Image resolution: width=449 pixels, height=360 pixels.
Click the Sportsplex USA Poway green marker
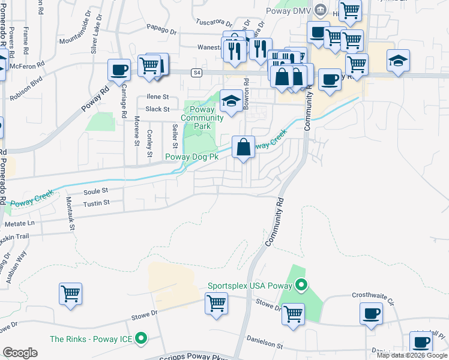pos(302,286)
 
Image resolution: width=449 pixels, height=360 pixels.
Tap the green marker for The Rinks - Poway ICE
pos(141,339)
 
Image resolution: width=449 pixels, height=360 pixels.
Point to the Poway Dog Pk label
pos(191,158)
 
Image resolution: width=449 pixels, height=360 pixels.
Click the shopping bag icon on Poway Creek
pos(243,148)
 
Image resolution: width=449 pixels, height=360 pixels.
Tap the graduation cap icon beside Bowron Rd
pos(231,101)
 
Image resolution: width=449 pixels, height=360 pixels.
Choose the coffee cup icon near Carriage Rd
pos(119,70)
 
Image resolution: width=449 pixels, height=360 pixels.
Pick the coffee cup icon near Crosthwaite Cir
pos(371,314)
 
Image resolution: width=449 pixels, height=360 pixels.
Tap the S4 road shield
pos(196,73)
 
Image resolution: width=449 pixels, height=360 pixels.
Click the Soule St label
pos(95,191)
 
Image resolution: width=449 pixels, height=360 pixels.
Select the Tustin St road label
pos(96,203)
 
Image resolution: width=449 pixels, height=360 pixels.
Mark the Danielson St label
pos(265,345)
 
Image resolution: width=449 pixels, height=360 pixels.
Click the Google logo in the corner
pos(20,353)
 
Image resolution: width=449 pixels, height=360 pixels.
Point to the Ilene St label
pos(157,97)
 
